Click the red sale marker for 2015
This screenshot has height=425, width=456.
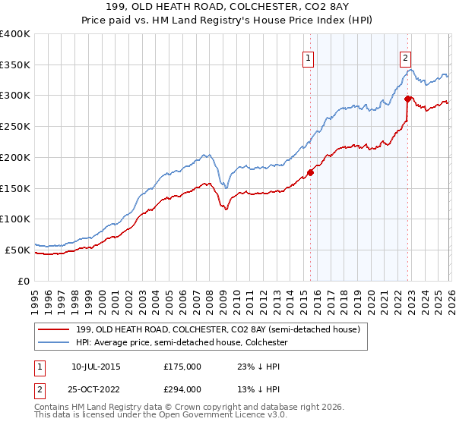click(x=310, y=172)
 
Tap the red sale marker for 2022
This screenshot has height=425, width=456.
click(x=408, y=98)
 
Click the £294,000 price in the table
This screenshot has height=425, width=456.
click(x=182, y=389)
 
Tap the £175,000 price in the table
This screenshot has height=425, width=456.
click(x=182, y=367)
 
